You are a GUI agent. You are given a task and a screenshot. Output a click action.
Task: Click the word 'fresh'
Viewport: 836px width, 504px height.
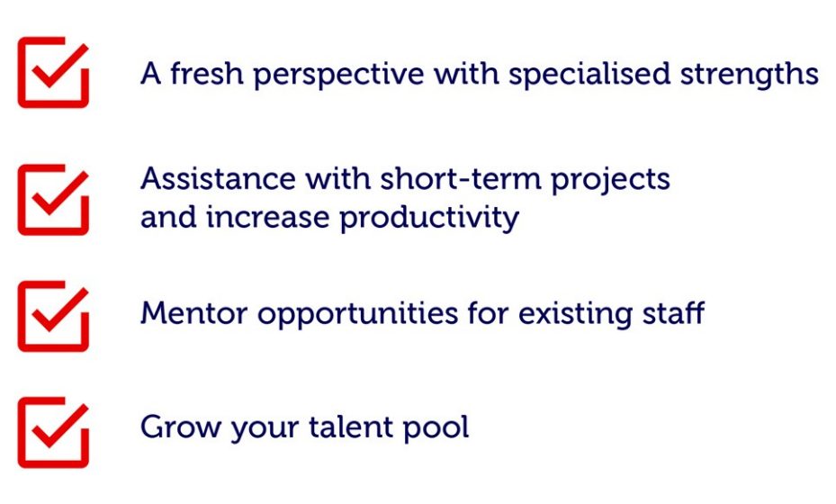(207, 73)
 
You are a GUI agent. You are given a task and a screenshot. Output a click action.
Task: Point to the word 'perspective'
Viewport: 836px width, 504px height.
(338, 75)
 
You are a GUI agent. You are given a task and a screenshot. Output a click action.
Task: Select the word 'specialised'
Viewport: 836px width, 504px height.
(589, 75)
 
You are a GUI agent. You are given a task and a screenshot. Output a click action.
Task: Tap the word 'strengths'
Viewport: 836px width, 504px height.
(749, 75)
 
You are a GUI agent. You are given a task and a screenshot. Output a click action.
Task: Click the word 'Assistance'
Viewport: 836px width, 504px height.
(218, 178)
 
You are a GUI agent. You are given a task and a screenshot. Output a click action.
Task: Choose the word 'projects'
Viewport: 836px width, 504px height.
(610, 180)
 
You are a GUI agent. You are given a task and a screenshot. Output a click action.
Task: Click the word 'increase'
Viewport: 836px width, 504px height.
(267, 218)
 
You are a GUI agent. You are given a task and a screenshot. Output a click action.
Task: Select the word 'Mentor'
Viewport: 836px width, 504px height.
(194, 313)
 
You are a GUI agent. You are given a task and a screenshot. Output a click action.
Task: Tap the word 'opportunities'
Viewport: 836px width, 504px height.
(358, 315)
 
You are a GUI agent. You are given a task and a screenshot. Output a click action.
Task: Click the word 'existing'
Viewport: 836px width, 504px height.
(575, 315)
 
